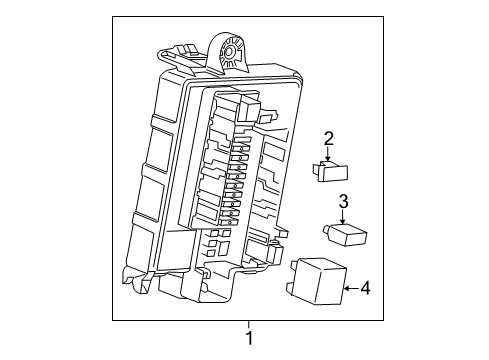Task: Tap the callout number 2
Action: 327,140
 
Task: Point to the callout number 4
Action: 365,290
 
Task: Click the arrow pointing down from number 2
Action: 327,157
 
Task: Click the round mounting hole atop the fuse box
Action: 231,47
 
